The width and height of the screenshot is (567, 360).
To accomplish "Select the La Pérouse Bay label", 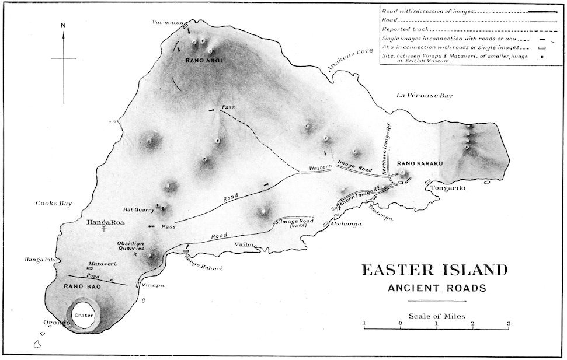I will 424,95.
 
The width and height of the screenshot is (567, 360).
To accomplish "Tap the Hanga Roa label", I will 103,222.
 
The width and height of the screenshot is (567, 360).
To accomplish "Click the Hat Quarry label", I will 138,209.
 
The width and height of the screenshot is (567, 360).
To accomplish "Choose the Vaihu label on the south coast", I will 244,244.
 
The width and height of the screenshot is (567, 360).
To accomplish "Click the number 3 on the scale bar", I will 509,323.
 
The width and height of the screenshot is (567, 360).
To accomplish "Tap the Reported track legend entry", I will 402,29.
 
